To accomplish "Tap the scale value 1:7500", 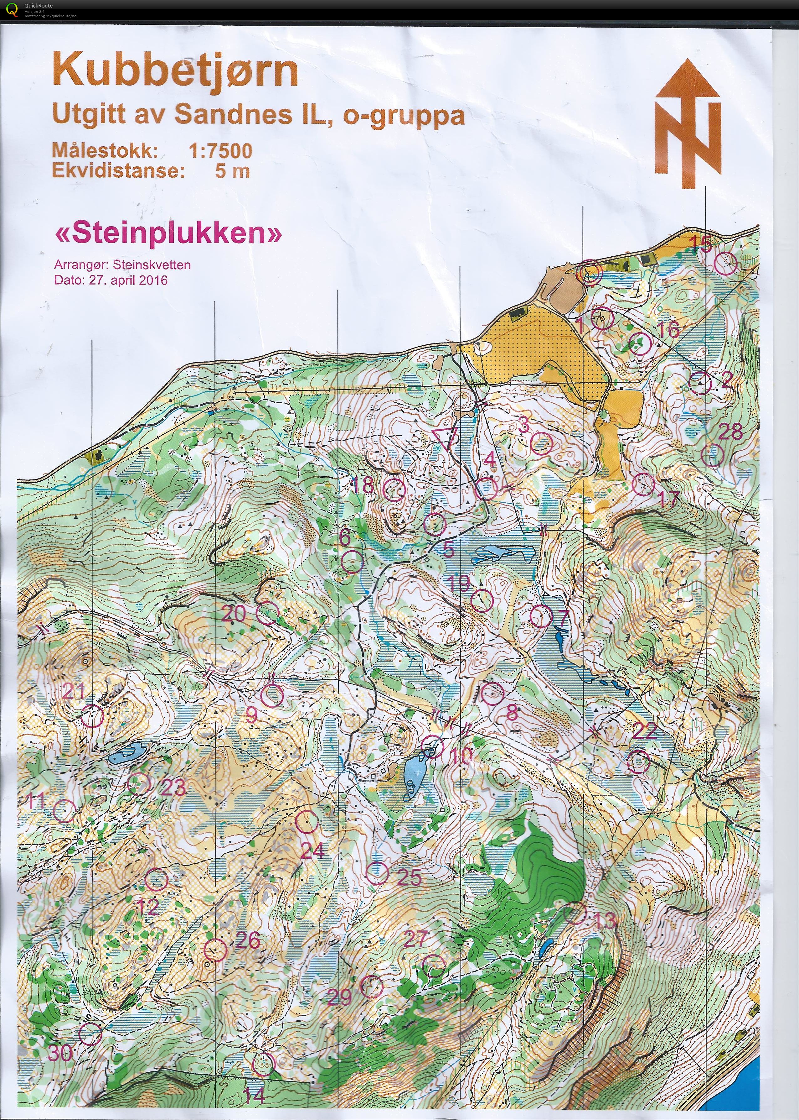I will [220, 151].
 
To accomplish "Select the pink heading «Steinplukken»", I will [169, 234].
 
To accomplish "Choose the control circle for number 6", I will [352, 562].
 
